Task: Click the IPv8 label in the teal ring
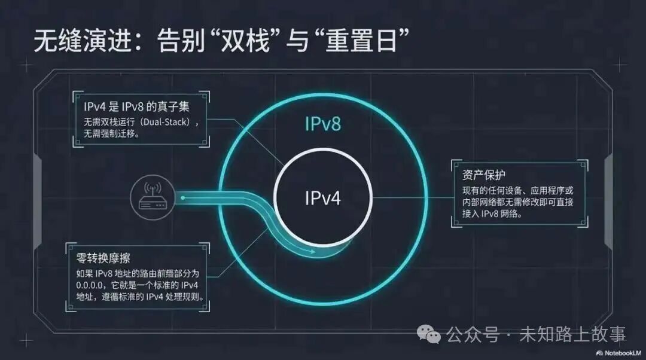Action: pyautogui.click(x=323, y=124)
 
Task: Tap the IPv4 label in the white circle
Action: pyautogui.click(x=323, y=197)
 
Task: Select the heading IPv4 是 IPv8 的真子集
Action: pyautogui.click(x=138, y=108)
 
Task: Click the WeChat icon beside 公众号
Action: pyautogui.click(x=429, y=333)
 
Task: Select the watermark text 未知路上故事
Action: pyautogui.click(x=565, y=334)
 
